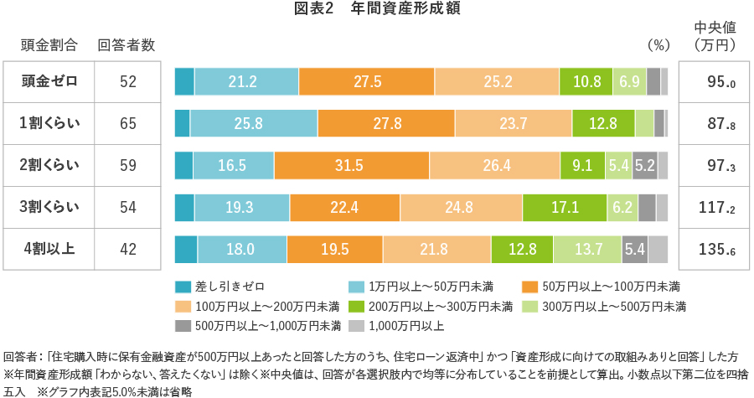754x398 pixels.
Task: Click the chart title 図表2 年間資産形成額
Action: point(376,10)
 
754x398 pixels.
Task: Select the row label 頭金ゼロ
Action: point(49,82)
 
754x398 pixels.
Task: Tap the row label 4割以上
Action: point(49,249)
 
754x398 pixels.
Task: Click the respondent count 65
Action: point(128,123)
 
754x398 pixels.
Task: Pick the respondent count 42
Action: point(128,249)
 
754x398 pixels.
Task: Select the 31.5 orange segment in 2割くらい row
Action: point(351,165)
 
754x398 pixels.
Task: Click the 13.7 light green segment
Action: point(586,249)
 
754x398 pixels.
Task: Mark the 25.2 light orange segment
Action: point(497,82)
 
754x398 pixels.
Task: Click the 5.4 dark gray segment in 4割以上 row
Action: point(634,249)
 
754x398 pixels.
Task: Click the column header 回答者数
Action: point(126,44)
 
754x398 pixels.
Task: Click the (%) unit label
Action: point(660,44)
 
